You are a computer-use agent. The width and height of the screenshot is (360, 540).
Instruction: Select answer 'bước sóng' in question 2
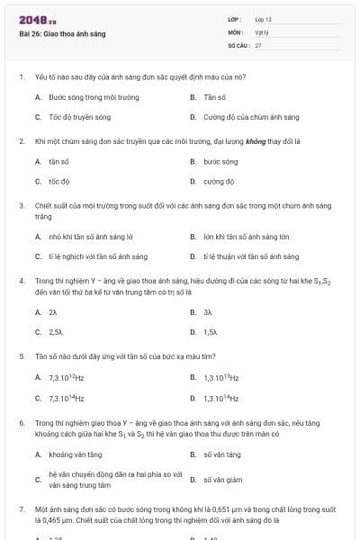(x=220, y=161)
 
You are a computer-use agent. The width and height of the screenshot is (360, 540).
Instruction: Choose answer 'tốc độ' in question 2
(x=59, y=181)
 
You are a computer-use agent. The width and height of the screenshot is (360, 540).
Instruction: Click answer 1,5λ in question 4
(x=211, y=331)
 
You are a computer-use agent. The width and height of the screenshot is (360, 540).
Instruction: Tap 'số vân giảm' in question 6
(x=222, y=480)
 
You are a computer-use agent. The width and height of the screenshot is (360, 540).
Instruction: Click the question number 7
(x=22, y=508)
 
